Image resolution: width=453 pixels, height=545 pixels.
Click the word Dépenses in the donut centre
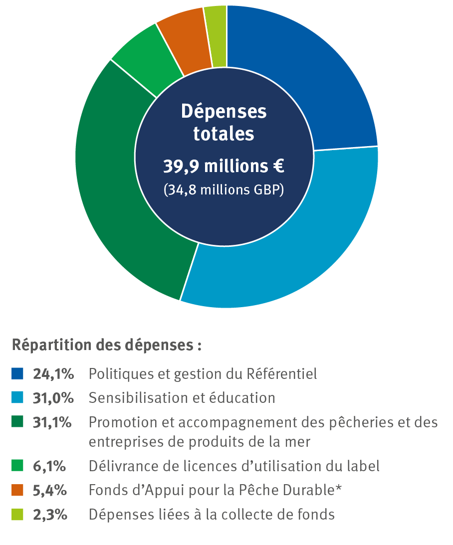pyautogui.click(x=224, y=112)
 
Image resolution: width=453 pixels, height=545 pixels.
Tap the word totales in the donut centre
pyautogui.click(x=224, y=135)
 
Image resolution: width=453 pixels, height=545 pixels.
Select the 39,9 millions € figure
pyautogui.click(x=224, y=167)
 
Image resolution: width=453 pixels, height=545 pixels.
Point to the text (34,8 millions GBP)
pyautogui.click(x=224, y=190)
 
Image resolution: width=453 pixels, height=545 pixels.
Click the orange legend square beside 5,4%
pyautogui.click(x=17, y=491)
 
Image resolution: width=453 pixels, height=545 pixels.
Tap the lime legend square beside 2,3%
pyautogui.click(x=17, y=515)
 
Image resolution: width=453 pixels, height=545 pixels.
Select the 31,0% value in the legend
pyautogui.click(x=53, y=398)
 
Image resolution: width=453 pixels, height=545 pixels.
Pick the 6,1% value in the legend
pyautogui.click(x=50, y=466)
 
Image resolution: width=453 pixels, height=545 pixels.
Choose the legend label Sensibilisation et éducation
pyautogui.click(x=182, y=398)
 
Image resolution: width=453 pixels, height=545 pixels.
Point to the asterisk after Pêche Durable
pyautogui.click(x=339, y=489)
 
